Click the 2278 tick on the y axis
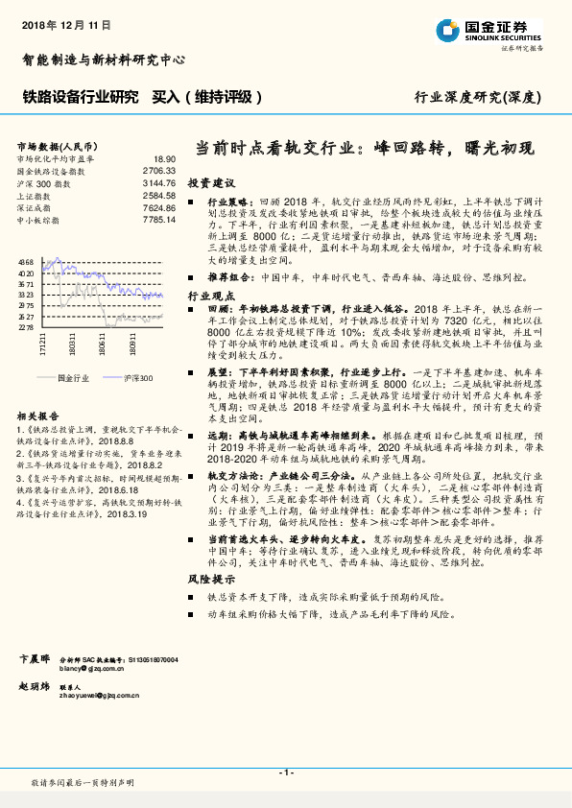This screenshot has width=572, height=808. coord(25,327)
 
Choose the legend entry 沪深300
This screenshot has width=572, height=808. coord(137,378)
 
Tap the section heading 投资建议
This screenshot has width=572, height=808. coord(210,181)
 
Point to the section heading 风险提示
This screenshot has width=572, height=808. coord(210,580)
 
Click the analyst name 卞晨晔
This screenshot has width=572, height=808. coord(36,659)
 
